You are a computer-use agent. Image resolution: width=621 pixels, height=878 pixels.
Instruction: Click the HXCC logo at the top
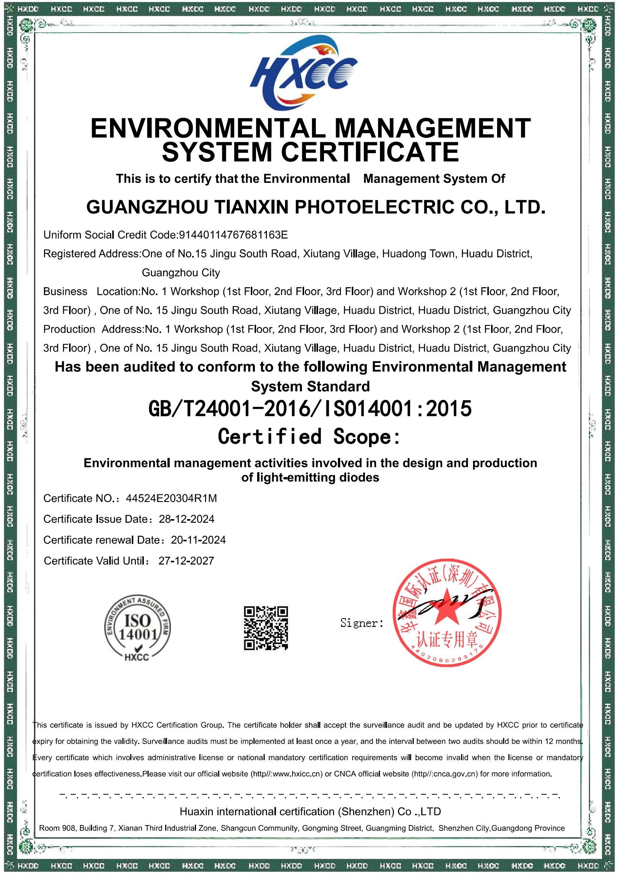(304, 75)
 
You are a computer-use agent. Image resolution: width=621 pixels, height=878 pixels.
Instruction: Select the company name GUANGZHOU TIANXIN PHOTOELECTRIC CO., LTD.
(316, 208)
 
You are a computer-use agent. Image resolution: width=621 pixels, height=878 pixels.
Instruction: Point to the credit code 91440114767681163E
(233, 235)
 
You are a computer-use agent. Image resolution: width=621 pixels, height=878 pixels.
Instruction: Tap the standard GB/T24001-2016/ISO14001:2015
(310, 409)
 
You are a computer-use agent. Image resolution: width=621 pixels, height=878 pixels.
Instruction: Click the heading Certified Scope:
(309, 436)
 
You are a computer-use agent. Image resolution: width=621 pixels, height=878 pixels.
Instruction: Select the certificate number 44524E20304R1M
(171, 498)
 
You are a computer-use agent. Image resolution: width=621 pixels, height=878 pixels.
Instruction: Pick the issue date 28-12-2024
(187, 519)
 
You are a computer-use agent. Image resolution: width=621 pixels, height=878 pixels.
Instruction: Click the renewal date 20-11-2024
(199, 540)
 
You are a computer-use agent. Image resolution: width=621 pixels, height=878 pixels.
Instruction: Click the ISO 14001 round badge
(138, 628)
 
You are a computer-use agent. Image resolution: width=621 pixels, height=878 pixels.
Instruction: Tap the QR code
(266, 628)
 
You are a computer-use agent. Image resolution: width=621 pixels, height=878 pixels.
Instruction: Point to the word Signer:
(362, 623)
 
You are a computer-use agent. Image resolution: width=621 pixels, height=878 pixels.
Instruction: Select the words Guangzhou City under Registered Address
(181, 273)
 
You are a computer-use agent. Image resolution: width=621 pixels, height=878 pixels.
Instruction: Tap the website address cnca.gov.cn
(455, 774)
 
